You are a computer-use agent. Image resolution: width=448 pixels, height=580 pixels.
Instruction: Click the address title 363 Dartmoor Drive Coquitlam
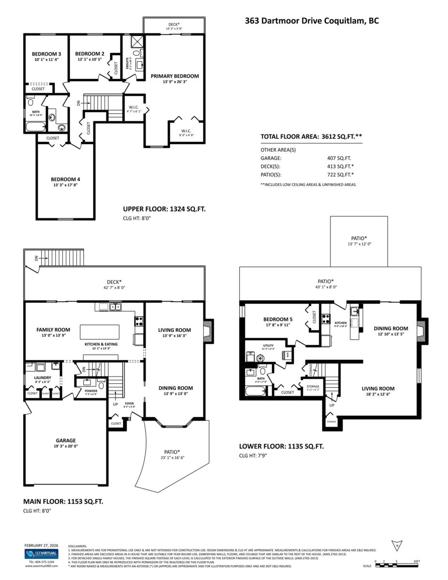coord(311,21)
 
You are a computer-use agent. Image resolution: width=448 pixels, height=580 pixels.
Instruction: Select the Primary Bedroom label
coord(174,76)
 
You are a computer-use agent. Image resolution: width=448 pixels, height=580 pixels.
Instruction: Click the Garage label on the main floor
coord(65,440)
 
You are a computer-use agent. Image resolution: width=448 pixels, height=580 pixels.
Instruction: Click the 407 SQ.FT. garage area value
coord(339,158)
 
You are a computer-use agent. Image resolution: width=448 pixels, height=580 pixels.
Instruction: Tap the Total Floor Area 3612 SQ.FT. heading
coord(311,137)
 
